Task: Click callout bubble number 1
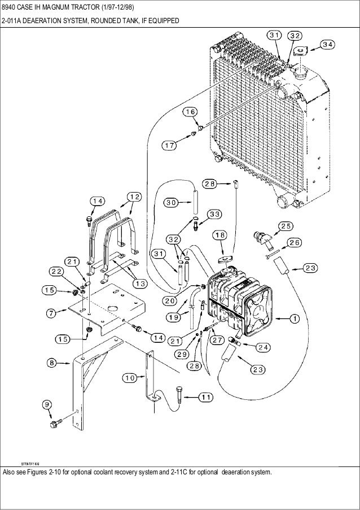coord(295,319)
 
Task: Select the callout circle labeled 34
coord(328,45)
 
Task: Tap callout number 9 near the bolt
coord(47,404)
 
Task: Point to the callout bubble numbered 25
coord(286,226)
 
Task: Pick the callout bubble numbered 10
coord(130,378)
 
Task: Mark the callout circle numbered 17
coord(169,145)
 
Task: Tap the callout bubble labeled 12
coord(134,197)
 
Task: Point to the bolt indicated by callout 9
coord(54,424)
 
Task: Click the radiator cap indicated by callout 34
coord(300,51)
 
